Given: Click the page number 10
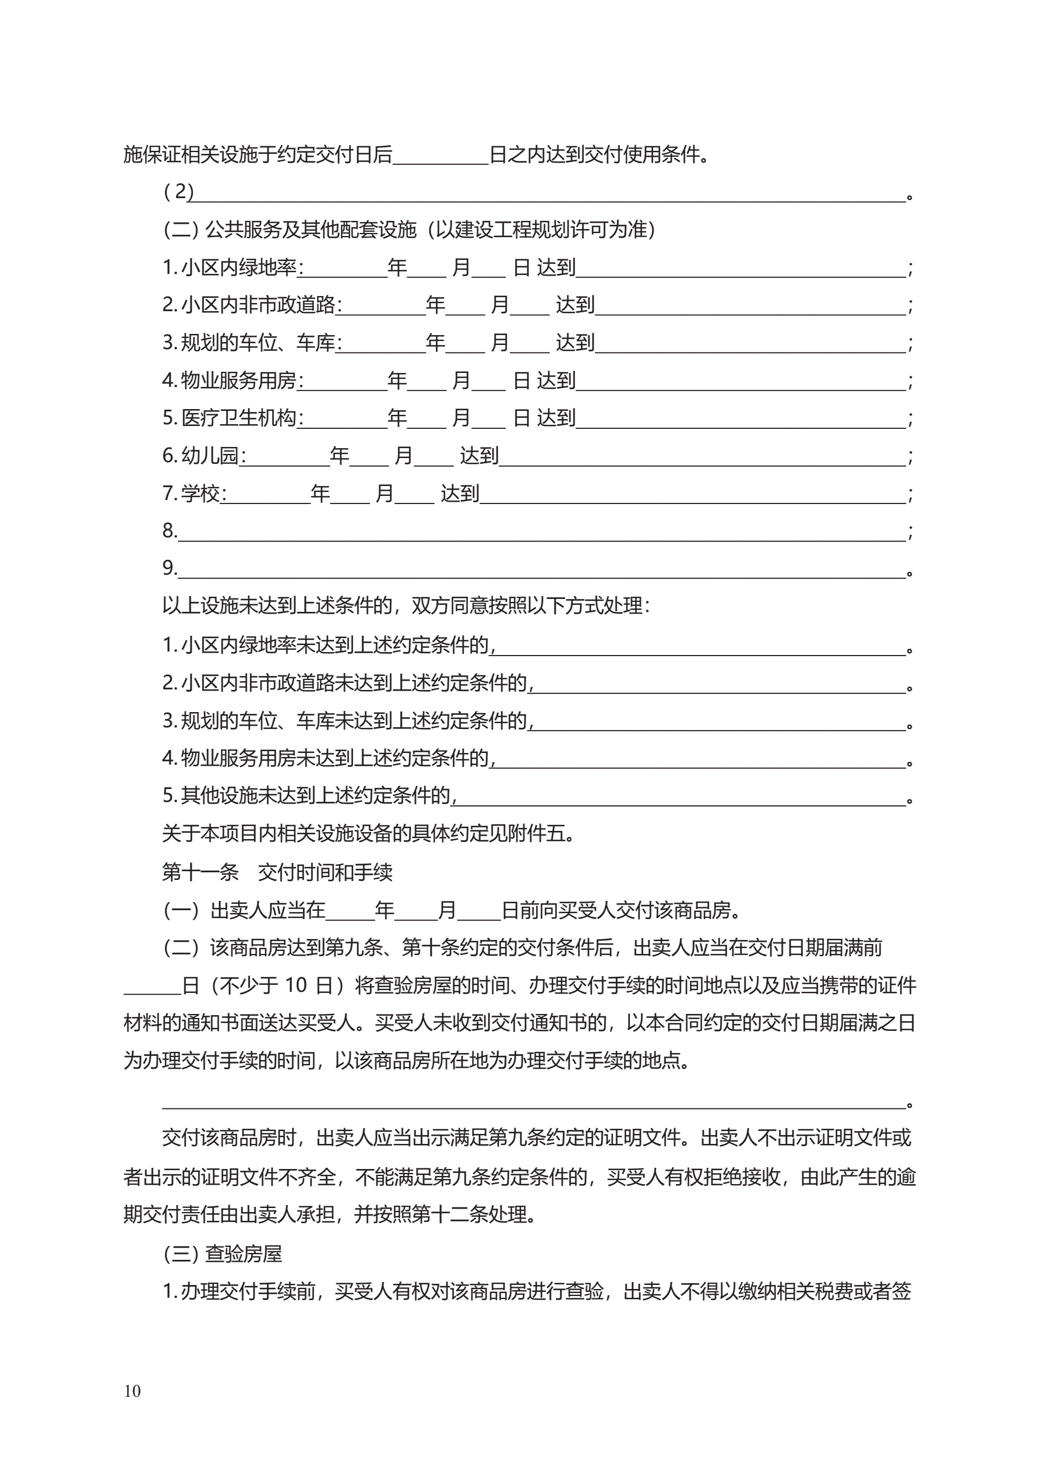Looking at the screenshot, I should (x=133, y=1391).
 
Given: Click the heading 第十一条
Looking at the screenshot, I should (x=200, y=872).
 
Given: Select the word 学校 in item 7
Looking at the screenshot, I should (x=200, y=494).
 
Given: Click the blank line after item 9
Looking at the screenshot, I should (x=542, y=571).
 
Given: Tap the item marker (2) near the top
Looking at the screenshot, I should (x=178, y=191).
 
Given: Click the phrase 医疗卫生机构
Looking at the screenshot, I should (x=238, y=418).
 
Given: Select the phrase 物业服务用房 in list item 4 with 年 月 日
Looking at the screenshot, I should (x=238, y=380).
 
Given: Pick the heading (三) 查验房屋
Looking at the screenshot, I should (x=223, y=1254).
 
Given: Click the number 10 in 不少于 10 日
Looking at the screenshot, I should (x=295, y=985).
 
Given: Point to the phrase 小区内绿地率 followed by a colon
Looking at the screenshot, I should (x=238, y=267).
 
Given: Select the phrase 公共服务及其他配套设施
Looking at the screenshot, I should (x=311, y=230).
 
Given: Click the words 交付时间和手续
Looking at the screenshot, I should (x=325, y=872).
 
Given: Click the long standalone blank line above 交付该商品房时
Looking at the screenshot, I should (x=534, y=1105).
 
